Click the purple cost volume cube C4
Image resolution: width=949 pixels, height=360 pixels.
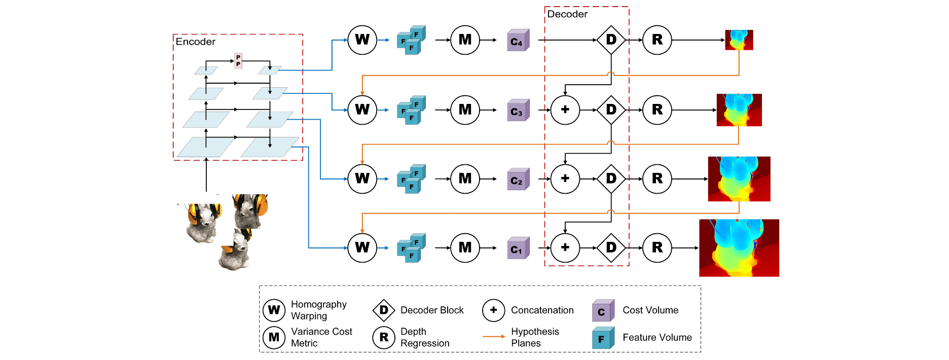(518, 41)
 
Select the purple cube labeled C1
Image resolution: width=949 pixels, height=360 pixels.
(518, 248)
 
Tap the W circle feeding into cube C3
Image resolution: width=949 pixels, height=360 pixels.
(362, 110)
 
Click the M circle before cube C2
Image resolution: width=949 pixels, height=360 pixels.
(465, 178)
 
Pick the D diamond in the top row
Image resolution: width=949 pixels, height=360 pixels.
(611, 40)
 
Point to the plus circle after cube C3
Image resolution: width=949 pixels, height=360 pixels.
(565, 110)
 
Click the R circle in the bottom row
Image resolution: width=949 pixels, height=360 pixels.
(657, 247)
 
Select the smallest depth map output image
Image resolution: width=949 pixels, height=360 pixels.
(739, 40)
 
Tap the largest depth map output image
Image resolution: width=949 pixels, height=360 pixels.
(739, 248)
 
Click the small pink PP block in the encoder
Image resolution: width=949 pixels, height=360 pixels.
(238, 61)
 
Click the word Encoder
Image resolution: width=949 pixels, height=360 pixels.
(195, 42)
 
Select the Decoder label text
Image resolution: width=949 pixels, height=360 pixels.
(567, 14)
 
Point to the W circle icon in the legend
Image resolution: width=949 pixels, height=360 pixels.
(274, 310)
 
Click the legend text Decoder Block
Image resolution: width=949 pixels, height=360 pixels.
(432, 310)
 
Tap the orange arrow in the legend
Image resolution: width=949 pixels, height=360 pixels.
(493, 337)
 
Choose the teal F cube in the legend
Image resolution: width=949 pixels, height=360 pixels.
(602, 338)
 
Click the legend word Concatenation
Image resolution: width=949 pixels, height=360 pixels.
(542, 310)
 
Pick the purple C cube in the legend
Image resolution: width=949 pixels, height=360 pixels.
(602, 311)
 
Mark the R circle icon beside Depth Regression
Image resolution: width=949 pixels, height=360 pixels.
(384, 337)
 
